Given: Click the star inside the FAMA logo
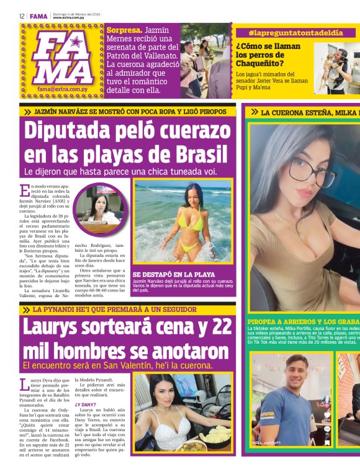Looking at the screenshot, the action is (77, 43).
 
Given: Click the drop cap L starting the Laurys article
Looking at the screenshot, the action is (24, 384).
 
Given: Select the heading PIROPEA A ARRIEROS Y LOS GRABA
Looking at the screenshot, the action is (303, 322).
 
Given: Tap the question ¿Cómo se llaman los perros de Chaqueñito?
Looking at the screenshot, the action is (268, 55).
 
